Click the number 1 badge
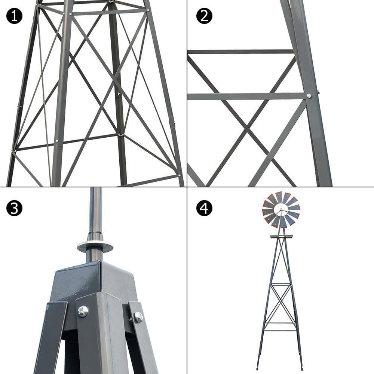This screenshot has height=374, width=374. [14, 16]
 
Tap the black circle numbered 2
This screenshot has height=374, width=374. [204, 16]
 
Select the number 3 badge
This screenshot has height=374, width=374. [14, 208]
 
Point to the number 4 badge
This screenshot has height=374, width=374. [204, 208]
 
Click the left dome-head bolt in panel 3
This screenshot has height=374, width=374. [83, 311]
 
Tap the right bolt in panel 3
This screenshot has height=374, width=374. [138, 318]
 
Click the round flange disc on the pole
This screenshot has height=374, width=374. [95, 246]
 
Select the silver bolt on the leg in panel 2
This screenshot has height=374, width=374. [309, 96]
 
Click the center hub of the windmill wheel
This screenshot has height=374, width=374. [281, 210]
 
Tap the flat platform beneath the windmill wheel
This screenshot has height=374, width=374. [281, 236]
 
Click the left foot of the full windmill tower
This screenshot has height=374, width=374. [258, 368]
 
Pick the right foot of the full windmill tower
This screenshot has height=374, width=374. [301, 368]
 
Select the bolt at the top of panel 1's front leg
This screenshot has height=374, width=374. [70, 14]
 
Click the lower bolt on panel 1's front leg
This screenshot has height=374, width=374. [56, 141]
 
